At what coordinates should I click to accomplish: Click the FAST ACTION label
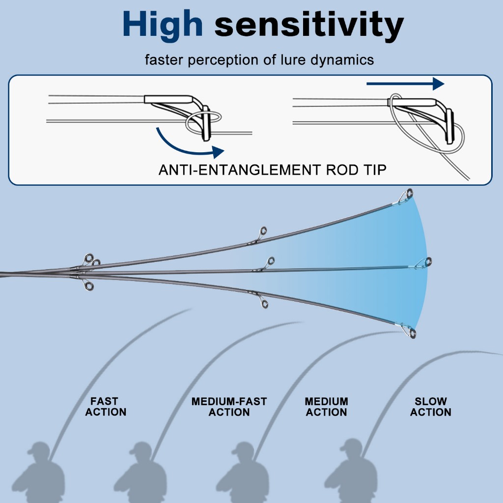(105, 407)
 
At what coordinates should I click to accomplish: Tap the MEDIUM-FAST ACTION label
(229, 407)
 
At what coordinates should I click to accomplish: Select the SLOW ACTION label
(431, 407)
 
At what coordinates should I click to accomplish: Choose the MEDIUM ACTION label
(326, 407)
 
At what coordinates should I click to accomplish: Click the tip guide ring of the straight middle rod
(427, 261)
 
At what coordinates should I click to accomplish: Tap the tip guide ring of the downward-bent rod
(412, 334)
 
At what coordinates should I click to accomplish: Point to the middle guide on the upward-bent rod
(264, 230)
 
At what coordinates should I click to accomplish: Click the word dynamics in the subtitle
(347, 60)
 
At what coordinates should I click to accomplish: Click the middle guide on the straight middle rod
(270, 261)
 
